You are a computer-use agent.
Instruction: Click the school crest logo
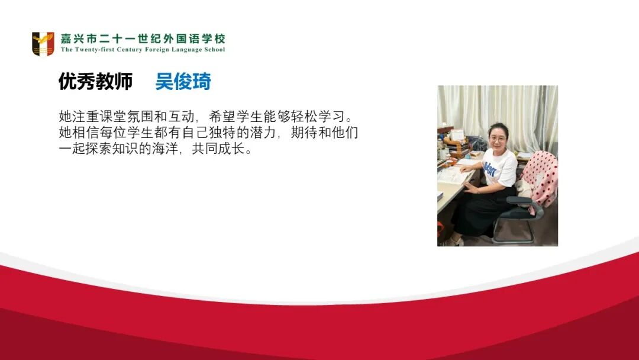coord(43,44)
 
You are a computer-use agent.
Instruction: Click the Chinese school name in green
coord(143,39)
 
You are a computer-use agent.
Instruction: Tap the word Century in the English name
coord(130,50)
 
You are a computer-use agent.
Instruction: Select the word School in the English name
coord(214,50)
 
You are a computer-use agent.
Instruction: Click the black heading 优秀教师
coord(95,82)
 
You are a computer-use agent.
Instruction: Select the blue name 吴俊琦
coord(183,82)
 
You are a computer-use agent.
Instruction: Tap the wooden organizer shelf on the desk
coord(455,146)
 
